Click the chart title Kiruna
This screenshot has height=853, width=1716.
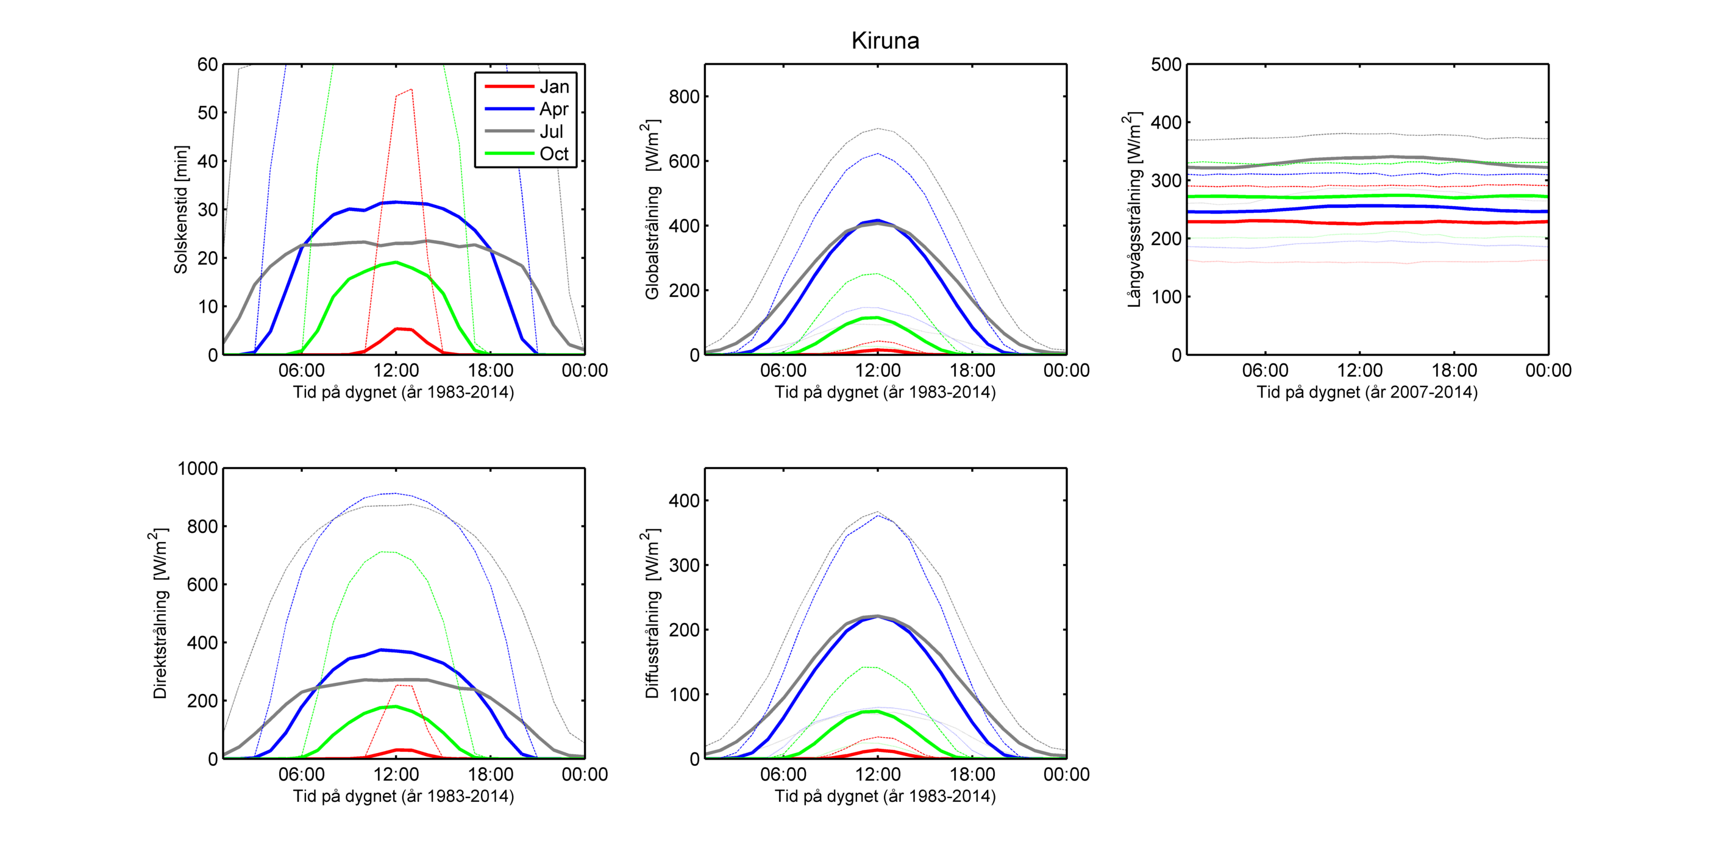click(x=885, y=41)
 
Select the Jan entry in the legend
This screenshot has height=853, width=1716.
click(x=554, y=87)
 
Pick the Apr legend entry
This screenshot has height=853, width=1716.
click(x=554, y=109)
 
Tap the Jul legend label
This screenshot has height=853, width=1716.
click(x=552, y=131)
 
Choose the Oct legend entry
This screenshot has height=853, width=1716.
click(x=554, y=154)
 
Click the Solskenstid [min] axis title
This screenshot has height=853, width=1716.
click(x=180, y=209)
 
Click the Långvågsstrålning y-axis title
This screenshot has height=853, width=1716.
click(x=1134, y=209)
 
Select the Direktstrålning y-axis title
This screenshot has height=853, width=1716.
click(x=160, y=613)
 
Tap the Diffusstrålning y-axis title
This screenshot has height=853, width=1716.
click(x=652, y=613)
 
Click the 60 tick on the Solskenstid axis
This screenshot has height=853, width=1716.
click(x=207, y=65)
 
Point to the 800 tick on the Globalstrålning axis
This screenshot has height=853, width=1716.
click(x=684, y=96)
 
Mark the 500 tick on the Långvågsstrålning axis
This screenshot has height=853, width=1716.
click(x=1166, y=65)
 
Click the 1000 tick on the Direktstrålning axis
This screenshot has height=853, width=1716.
click(x=198, y=468)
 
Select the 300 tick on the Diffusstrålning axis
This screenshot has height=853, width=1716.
click(x=684, y=565)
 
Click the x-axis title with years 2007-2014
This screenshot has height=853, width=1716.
click(x=1367, y=393)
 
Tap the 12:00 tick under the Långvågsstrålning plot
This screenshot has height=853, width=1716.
click(x=1359, y=371)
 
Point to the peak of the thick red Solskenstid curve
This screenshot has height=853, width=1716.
click(x=397, y=329)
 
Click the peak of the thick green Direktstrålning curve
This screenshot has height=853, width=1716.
click(x=396, y=707)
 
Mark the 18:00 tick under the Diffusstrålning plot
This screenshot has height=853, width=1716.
click(x=972, y=774)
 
